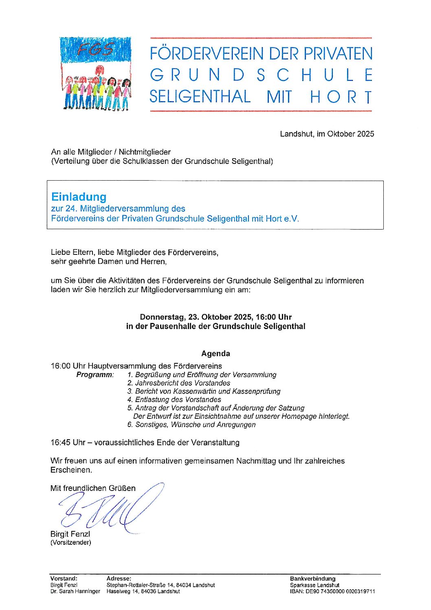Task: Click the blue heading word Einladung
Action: (79, 197)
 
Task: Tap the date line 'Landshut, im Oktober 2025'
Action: (327, 134)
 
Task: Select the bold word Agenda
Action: (215, 354)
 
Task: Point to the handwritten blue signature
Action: (110, 509)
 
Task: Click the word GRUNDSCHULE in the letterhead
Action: (261, 75)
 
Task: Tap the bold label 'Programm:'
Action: (95, 375)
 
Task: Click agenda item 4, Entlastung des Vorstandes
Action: (174, 400)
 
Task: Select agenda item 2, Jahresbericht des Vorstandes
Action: (178, 383)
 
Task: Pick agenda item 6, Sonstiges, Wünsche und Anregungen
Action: (191, 424)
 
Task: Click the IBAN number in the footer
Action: (332, 591)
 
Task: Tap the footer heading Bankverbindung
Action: (312, 579)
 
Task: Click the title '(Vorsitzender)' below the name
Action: (71, 542)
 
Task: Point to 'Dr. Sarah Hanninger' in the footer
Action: (75, 591)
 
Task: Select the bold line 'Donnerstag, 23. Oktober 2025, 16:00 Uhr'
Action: (215, 317)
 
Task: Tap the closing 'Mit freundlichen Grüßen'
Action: (93, 488)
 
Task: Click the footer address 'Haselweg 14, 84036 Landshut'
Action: (143, 591)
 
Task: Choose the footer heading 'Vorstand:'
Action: (64, 579)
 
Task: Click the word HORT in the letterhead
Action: (341, 97)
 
